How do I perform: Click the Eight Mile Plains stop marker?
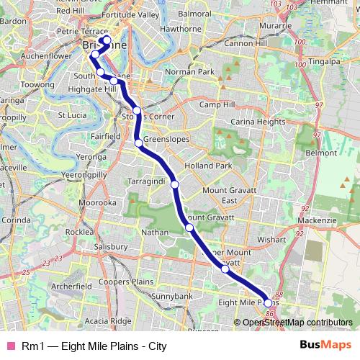[x=269, y=302]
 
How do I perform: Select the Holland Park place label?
[x=208, y=165]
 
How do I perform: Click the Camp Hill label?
[x=217, y=104]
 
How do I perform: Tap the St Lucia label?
[x=72, y=114]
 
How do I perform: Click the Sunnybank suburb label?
[x=173, y=296]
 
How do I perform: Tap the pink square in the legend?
[x=10, y=346]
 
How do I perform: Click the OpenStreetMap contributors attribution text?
[x=297, y=323]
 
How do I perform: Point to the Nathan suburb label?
[x=156, y=233]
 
